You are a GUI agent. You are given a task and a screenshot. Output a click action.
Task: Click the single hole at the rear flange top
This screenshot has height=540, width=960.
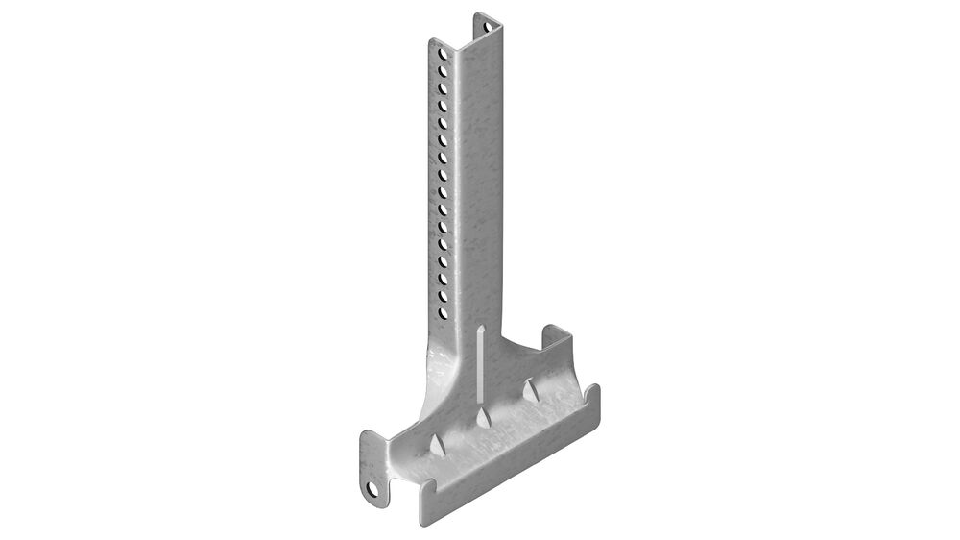(486, 20)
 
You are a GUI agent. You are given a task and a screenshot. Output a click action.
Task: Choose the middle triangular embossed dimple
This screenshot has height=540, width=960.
(482, 417)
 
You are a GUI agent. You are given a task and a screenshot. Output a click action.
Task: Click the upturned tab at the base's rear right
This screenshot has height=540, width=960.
(555, 338)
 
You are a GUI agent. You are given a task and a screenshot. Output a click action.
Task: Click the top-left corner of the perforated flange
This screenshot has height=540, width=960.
(431, 39)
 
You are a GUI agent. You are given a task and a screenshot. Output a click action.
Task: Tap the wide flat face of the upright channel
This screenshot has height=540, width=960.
(478, 173)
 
